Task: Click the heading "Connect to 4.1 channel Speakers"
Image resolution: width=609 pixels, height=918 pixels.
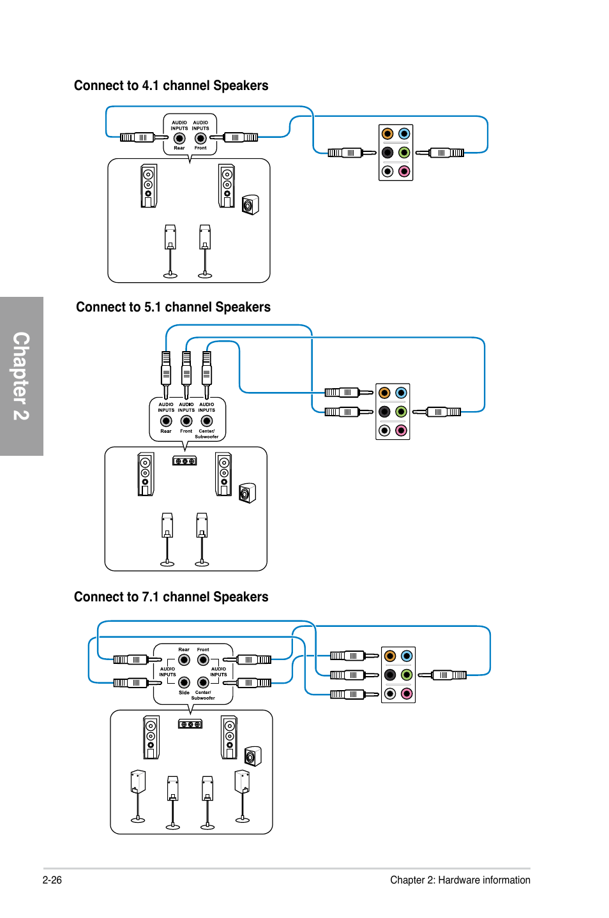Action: coord(171,86)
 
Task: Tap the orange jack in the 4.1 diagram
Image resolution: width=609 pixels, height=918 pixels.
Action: coord(387,133)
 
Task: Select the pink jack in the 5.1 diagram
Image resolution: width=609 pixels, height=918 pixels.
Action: coord(401,430)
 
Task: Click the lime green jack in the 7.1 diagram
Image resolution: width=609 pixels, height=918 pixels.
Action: coord(406,675)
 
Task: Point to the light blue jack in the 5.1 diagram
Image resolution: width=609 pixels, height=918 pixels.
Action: coord(401,393)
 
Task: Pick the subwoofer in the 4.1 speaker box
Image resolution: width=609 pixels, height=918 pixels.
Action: coord(250,205)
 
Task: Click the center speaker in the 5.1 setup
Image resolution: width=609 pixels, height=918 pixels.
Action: coord(184,461)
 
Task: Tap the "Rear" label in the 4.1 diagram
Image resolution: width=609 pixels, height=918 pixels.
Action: coord(179,148)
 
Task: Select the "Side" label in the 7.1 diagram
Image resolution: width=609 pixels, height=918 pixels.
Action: coord(184,693)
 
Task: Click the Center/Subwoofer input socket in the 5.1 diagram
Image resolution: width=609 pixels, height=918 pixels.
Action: coord(207,421)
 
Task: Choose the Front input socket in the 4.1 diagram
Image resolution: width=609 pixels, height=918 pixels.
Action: coord(200,139)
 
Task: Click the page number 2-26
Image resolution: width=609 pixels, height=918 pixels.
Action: coord(52,880)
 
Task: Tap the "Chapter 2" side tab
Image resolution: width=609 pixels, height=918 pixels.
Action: coord(21,376)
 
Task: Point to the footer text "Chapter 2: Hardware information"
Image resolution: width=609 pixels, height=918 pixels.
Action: coord(460,880)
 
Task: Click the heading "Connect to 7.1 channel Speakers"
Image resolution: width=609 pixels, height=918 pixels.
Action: coord(171,597)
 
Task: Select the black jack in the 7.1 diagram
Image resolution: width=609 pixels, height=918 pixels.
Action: coord(390,675)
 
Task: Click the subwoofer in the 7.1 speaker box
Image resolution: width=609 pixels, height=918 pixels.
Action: coord(252,756)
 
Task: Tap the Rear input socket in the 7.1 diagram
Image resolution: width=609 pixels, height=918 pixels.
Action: coord(184,660)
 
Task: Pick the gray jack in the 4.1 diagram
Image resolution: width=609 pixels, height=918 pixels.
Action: coord(387,171)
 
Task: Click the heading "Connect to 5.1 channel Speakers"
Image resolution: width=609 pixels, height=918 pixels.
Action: coord(173,307)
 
